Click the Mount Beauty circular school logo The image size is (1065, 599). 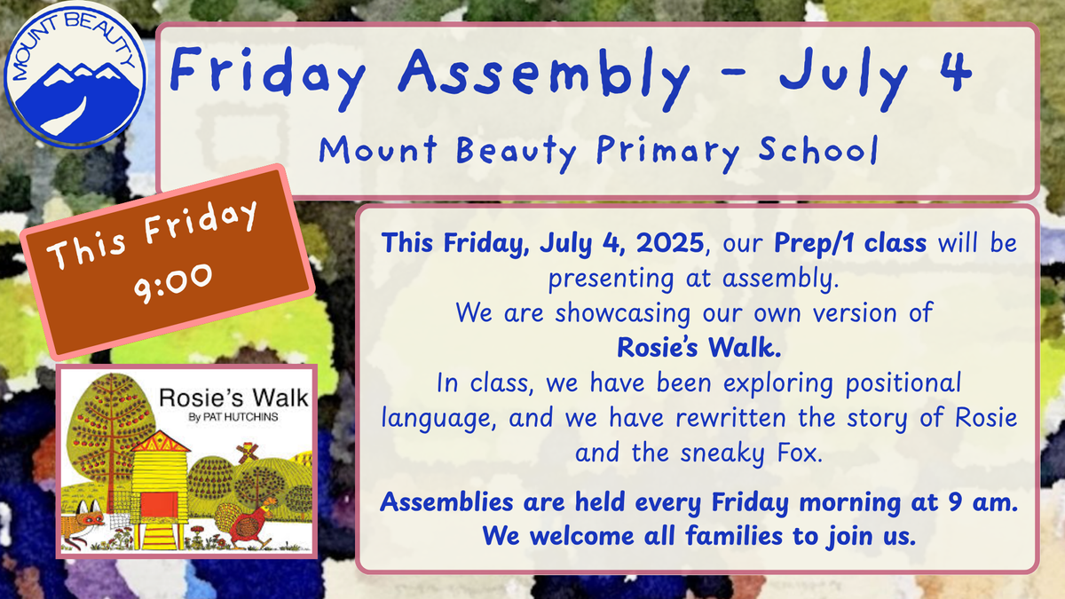point(75,76)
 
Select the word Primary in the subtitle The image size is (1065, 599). point(668,153)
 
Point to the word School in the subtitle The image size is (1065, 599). point(818,149)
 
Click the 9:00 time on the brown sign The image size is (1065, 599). point(172,283)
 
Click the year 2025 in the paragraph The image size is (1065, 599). point(670,242)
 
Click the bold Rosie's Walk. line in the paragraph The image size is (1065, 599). point(699,347)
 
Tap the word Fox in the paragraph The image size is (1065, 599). point(800,453)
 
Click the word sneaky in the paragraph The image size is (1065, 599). point(722,453)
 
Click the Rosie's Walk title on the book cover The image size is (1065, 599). point(234,398)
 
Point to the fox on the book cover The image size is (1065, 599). point(83,523)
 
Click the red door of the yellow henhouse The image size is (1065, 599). point(159,505)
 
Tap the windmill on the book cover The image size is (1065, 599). point(248,452)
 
